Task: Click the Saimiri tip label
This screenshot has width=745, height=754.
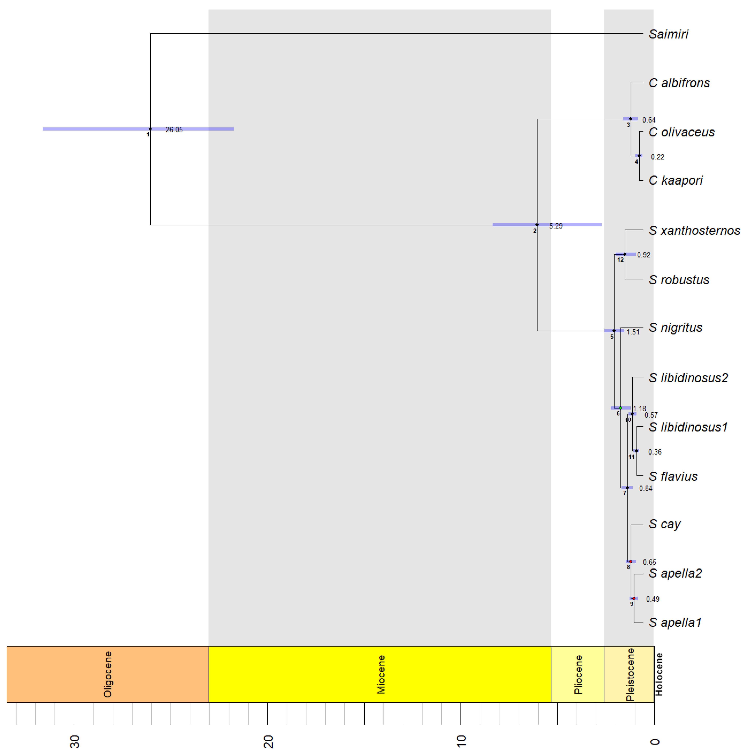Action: tap(668, 34)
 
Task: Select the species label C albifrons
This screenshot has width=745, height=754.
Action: tap(679, 83)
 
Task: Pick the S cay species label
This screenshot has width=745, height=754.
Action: tap(664, 524)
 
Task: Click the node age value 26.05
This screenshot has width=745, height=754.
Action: tap(174, 129)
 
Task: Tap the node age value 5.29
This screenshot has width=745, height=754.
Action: tap(555, 226)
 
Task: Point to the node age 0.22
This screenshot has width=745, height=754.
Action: tap(657, 157)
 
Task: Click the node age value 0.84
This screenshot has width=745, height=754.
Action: tap(645, 488)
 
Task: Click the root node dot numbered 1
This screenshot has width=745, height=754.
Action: tap(150, 129)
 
